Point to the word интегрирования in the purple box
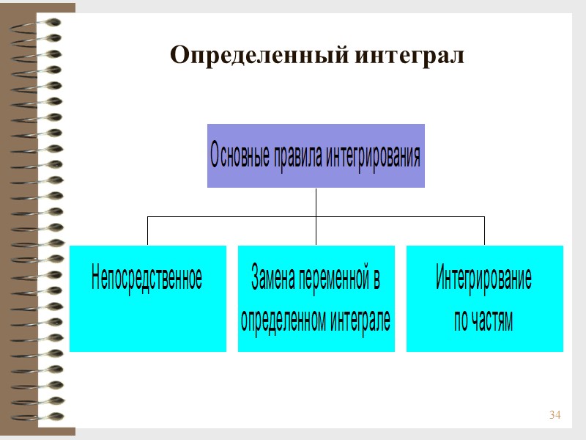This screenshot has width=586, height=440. [373, 155]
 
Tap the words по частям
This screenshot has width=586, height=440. [484, 320]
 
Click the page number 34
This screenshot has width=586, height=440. [555, 417]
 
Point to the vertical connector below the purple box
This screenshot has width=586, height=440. [316, 202]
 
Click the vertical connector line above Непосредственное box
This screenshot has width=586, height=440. [147, 231]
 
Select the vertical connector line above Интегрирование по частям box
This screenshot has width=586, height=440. [484, 231]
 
